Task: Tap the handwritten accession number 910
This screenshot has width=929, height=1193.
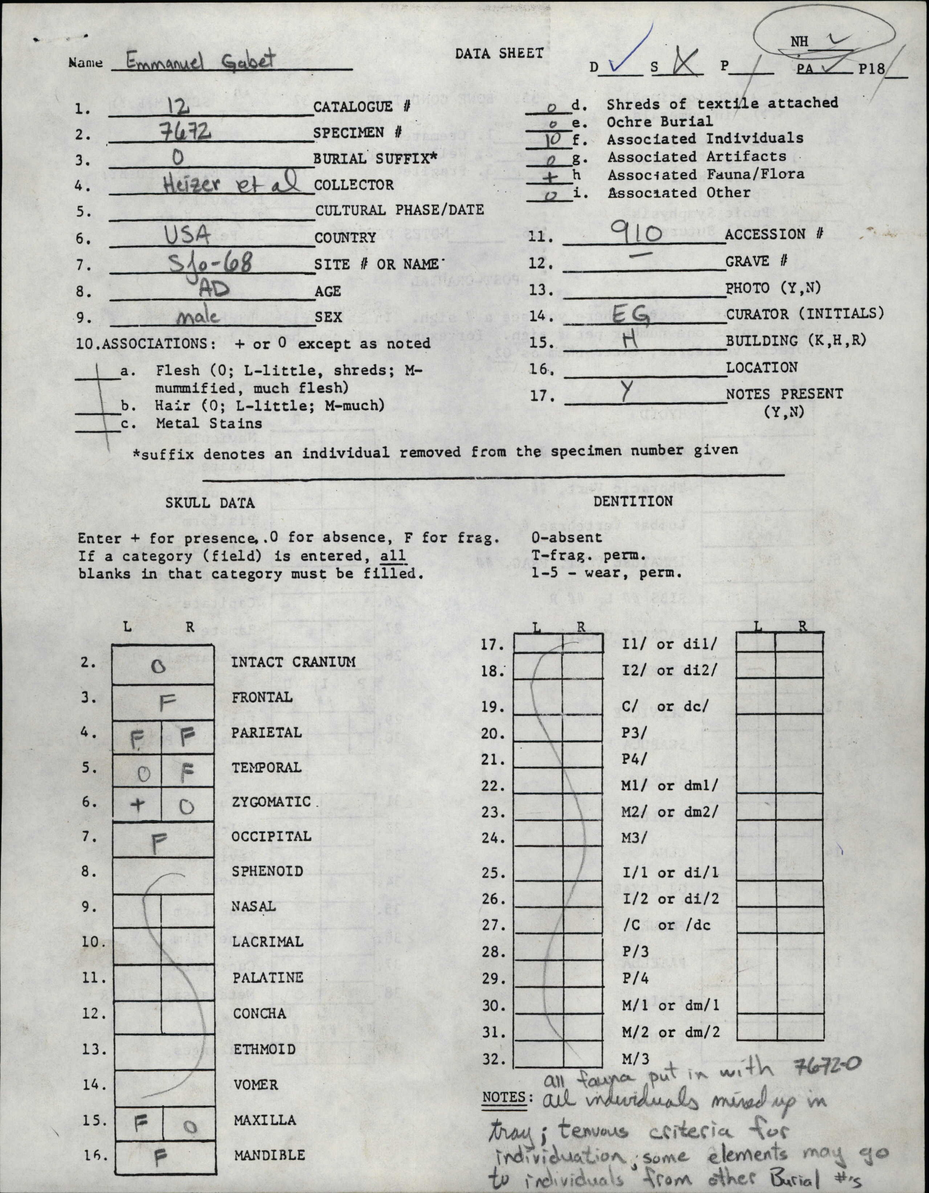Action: (x=639, y=235)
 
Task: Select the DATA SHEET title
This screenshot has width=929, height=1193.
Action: (x=499, y=54)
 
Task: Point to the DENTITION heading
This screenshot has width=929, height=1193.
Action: (x=633, y=501)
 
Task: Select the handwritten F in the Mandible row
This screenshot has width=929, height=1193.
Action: (x=160, y=1156)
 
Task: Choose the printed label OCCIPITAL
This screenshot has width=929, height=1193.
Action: (x=271, y=836)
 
